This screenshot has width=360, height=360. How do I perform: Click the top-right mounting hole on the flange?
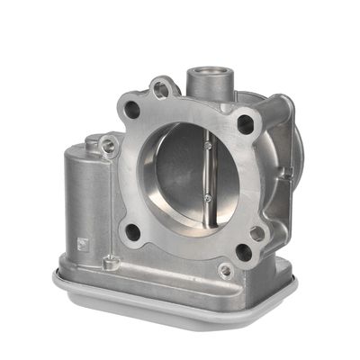pos(244,124)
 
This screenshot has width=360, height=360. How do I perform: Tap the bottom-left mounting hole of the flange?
pos(132,230)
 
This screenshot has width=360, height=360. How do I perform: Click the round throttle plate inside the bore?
pos(184,175)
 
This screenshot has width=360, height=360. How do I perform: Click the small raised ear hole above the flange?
pos(161,88)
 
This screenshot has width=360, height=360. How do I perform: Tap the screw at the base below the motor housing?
pos(112,264)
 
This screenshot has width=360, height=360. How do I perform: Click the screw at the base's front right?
pos(226,271)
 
